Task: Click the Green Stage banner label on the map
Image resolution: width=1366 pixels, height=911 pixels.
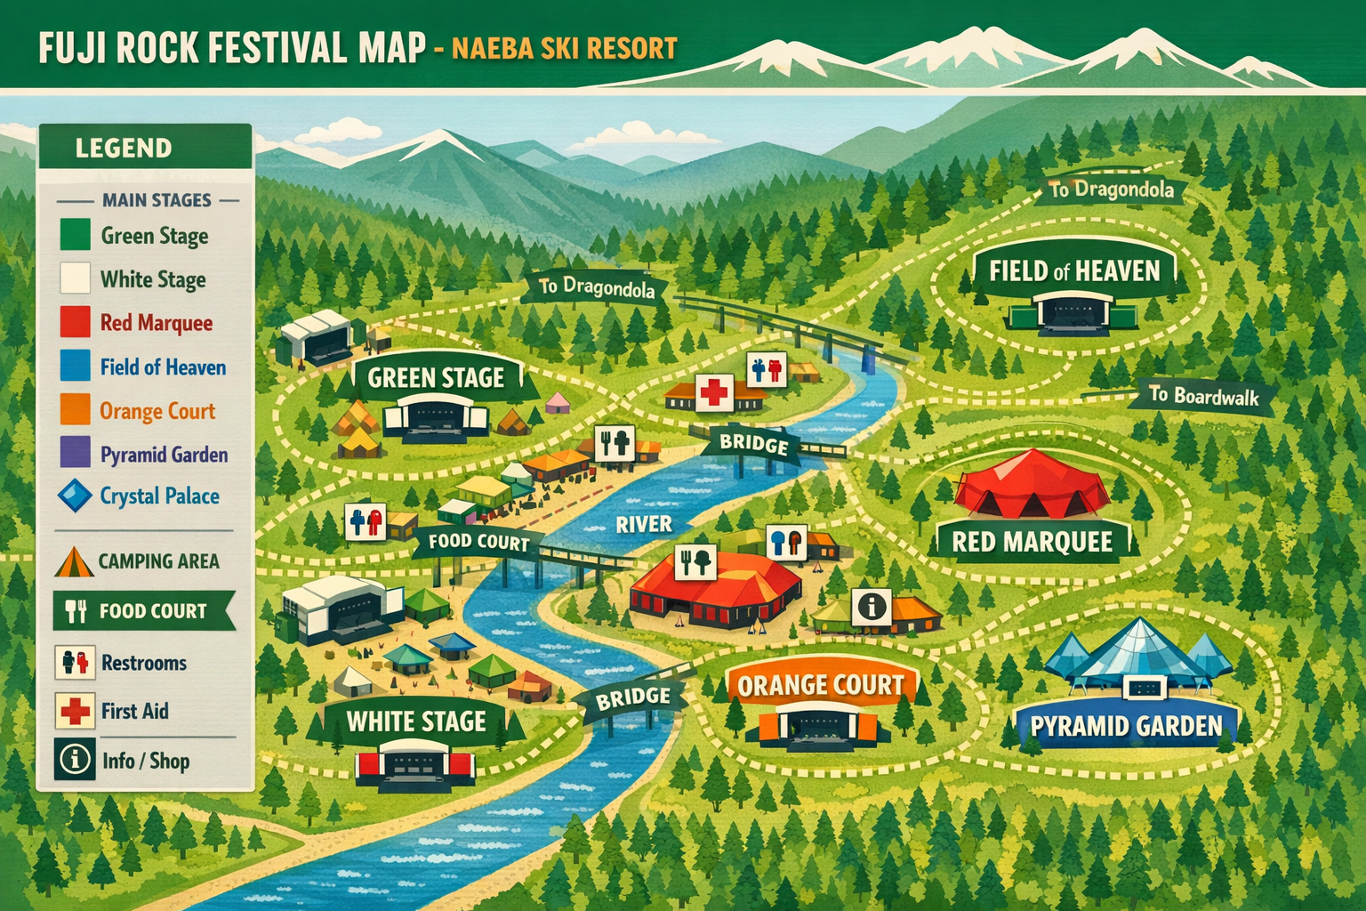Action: point(436,378)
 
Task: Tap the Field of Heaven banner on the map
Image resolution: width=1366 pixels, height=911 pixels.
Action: point(1074,270)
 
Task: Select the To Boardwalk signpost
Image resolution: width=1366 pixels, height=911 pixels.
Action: point(1203,396)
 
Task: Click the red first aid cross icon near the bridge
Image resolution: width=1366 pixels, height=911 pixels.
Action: point(712,392)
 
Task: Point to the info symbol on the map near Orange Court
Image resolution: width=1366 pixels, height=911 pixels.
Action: point(872,607)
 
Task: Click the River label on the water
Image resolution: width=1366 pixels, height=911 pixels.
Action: point(644,524)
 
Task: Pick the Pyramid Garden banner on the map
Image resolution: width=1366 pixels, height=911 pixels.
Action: point(1126,727)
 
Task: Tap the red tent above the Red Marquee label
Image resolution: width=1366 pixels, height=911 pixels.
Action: point(1032,485)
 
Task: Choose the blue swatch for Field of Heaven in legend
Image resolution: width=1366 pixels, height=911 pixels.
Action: point(75,367)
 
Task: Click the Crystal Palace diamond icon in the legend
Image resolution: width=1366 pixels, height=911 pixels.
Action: point(75,496)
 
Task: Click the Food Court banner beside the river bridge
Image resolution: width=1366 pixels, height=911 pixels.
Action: point(478,542)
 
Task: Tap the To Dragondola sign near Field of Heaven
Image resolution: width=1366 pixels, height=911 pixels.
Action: point(1112,189)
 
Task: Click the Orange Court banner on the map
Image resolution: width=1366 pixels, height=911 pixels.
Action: point(820,685)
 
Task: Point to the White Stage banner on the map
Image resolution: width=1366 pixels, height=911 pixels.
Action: point(416,721)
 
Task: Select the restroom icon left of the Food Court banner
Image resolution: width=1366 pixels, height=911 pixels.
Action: point(366,521)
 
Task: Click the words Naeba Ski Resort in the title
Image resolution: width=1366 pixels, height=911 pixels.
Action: point(564,48)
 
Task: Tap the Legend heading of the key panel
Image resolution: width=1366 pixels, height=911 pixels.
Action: point(124,148)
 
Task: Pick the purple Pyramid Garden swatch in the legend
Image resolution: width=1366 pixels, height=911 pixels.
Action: point(75,453)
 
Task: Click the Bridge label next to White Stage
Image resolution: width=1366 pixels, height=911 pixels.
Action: point(633,698)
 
